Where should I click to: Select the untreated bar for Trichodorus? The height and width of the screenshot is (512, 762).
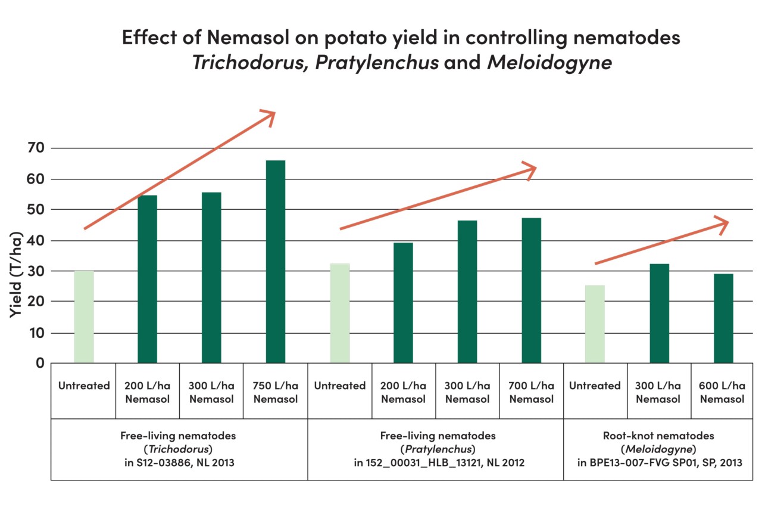pos(84,316)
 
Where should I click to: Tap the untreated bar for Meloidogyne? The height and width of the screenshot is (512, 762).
pos(595,324)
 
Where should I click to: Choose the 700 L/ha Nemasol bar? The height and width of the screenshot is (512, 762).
pos(532,290)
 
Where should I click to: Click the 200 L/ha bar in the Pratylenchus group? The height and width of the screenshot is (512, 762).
pos(403,302)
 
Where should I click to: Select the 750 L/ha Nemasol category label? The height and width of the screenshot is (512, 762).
pos(276,392)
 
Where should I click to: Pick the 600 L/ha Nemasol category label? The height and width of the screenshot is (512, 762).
pos(722,392)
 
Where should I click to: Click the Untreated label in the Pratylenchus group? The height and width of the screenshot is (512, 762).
pos(339,386)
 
